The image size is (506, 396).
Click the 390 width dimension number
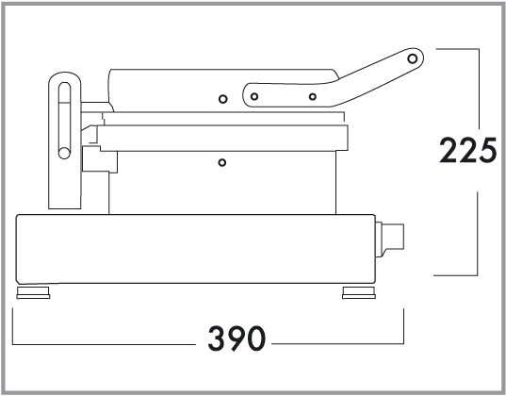[237, 338]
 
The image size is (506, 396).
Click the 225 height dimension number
[467, 150]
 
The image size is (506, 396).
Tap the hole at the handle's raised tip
[412, 58]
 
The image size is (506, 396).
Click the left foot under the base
[33, 292]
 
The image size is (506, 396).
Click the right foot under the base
[359, 292]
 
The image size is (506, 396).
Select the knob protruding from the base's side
[390, 239]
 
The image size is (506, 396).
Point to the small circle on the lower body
[222, 162]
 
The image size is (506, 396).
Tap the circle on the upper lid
[222, 99]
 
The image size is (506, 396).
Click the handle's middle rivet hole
[313, 96]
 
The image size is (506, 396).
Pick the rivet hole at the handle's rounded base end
[254, 96]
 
